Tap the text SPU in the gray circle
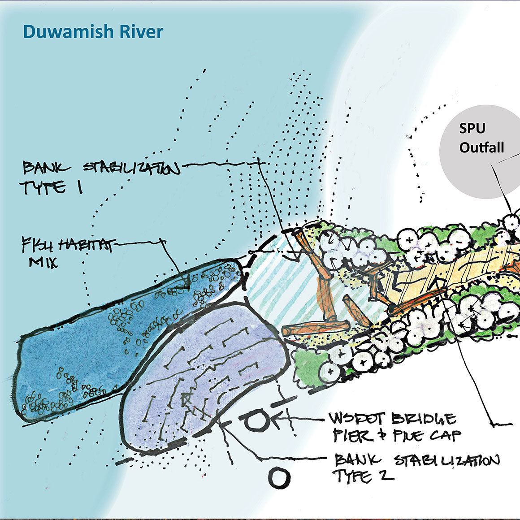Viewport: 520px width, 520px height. pos(472,129)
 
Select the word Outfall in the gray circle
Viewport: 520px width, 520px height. pos(481,147)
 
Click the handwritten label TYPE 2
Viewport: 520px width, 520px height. pos(364,474)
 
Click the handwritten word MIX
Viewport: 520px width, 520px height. pos(43,262)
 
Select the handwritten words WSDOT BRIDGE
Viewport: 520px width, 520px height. pos(392,419)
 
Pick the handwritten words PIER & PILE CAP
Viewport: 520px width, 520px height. pos(397,435)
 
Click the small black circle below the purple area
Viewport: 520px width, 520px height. pos(278,478)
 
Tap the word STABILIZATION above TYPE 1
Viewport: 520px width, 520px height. pos(131,169)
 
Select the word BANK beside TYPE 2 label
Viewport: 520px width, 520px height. pos(358,460)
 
